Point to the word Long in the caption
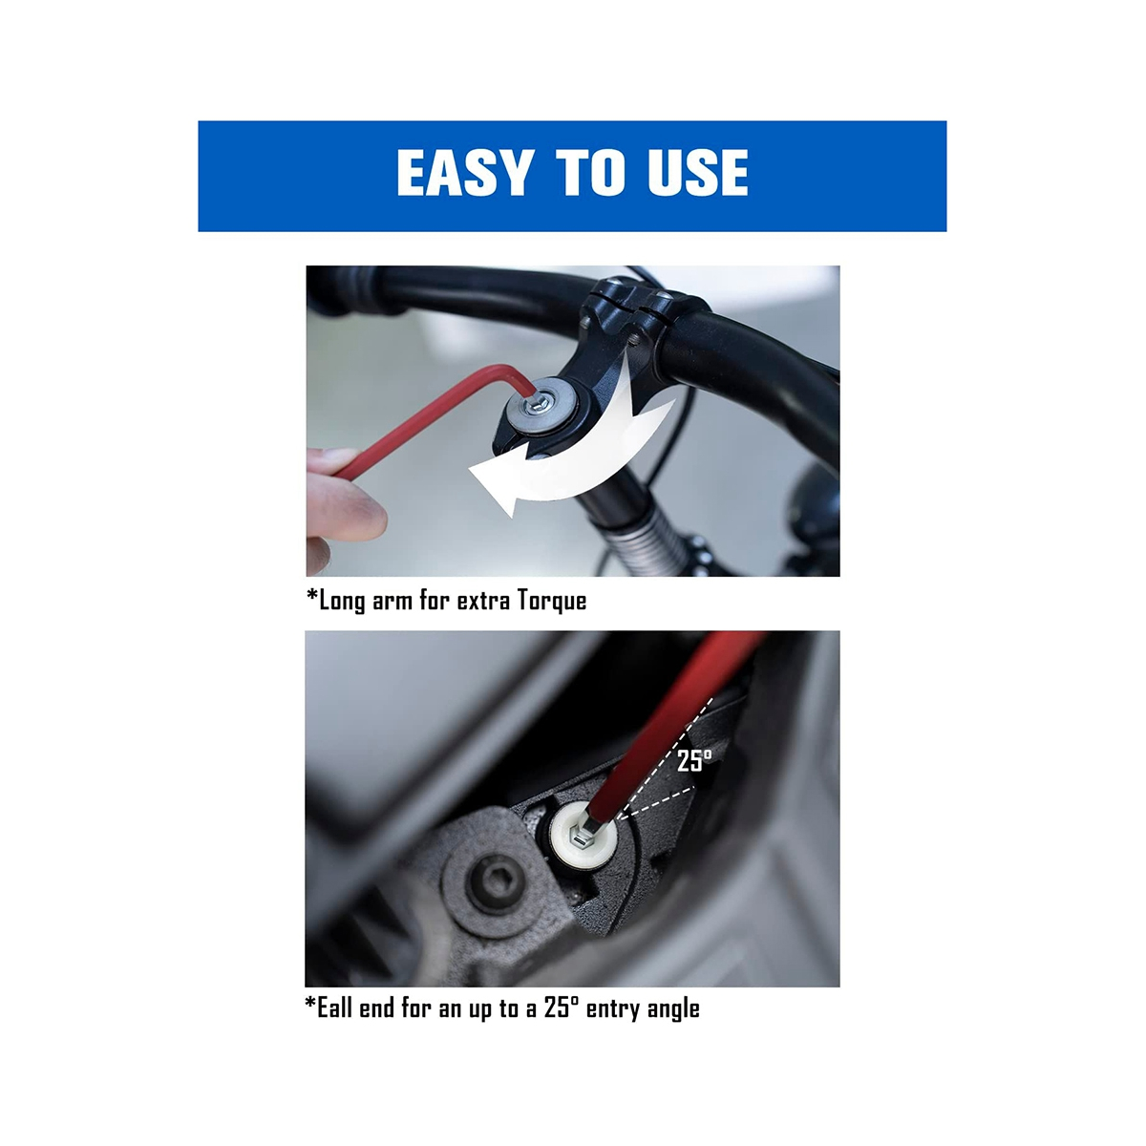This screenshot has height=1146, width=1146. (x=342, y=602)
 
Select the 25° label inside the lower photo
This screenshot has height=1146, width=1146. (x=694, y=760)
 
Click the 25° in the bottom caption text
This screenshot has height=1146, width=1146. (x=561, y=1008)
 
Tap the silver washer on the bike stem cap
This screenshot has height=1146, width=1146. (x=539, y=406)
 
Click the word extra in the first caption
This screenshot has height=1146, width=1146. (x=483, y=602)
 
